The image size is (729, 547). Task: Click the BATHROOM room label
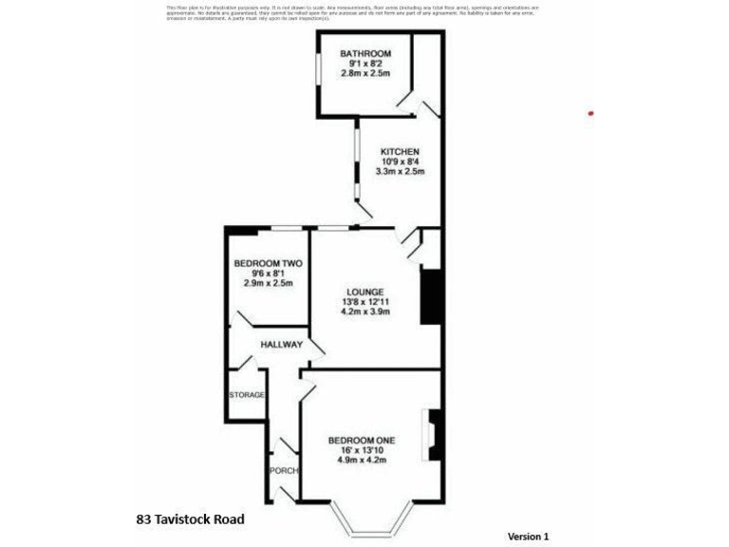coord(365,54)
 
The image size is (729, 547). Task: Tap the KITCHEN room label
coord(400,152)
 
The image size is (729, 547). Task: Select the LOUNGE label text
coord(365,292)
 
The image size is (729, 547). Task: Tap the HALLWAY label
coord(282,345)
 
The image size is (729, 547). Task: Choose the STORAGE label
coord(247,394)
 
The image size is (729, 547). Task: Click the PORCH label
coord(284,471)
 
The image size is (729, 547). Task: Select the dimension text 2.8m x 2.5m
coord(365,74)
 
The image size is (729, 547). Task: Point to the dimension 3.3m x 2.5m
coord(400,172)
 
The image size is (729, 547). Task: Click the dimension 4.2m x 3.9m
coord(365,312)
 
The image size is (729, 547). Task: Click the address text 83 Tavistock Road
coord(190,519)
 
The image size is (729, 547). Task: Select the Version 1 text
coord(529,537)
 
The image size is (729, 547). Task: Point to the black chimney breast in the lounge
coord(430,298)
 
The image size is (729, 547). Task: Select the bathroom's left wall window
coord(318,73)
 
